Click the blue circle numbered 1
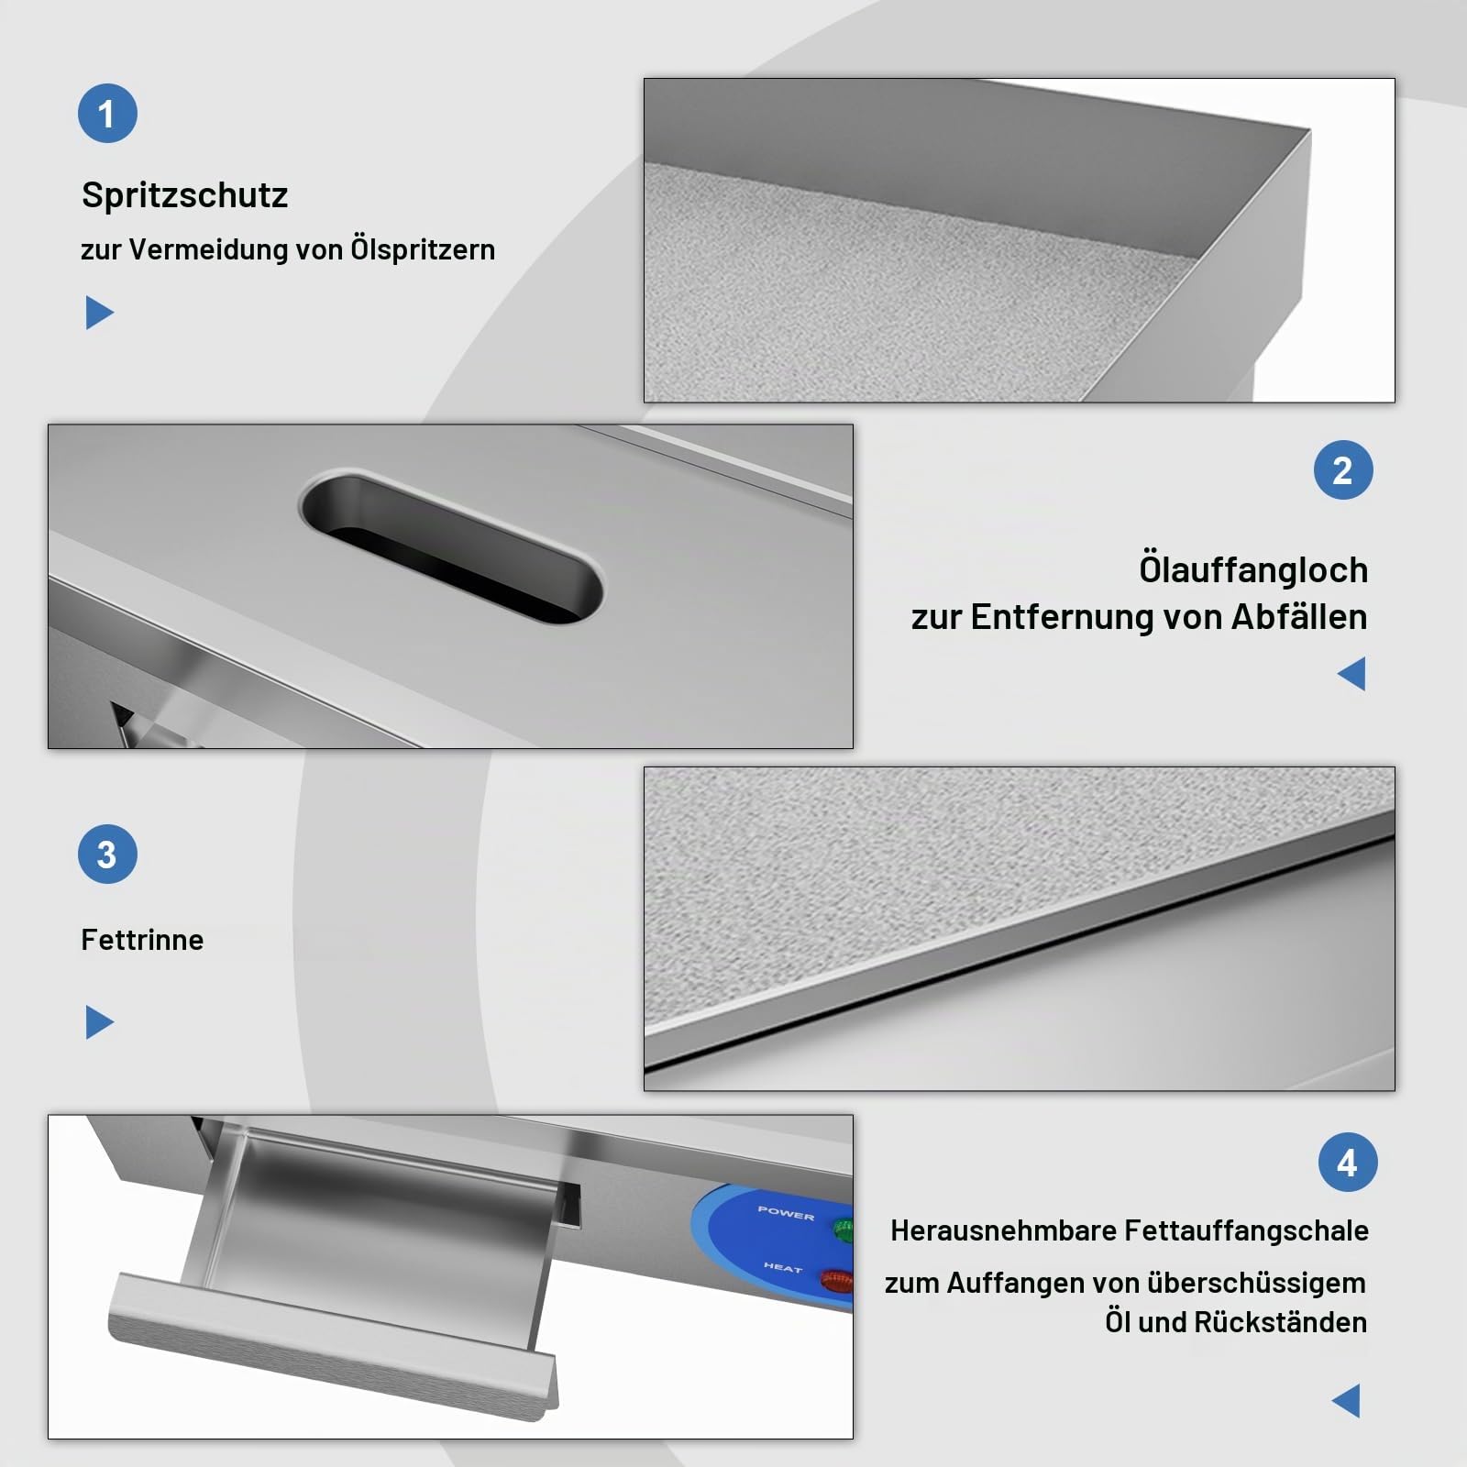(107, 114)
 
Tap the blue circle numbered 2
(1342, 470)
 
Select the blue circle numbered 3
(107, 855)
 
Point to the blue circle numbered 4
(1347, 1163)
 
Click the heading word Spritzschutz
(184, 195)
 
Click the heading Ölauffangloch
(1253, 569)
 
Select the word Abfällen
(1299, 617)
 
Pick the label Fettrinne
(142, 940)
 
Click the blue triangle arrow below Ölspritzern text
(99, 313)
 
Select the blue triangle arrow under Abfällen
(1351, 674)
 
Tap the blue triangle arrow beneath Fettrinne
(99, 1022)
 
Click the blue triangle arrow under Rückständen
(1346, 1401)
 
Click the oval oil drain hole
(451, 546)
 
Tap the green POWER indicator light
(843, 1229)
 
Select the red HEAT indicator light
(837, 1280)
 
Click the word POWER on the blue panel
(786, 1213)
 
